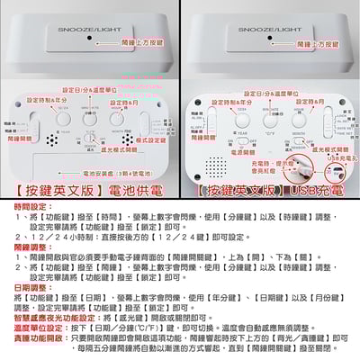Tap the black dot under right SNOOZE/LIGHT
tap(273, 39)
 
